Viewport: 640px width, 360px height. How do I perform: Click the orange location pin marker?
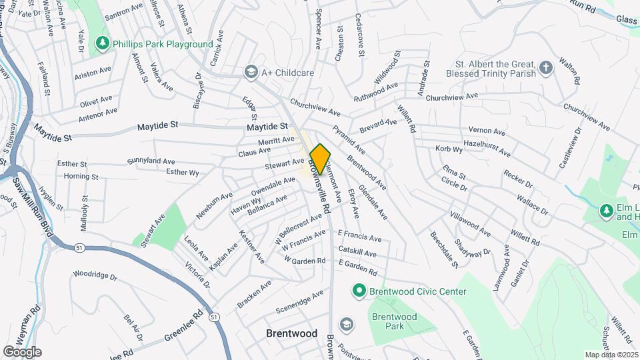pyautogui.click(x=320, y=159)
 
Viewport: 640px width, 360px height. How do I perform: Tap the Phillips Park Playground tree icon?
pyautogui.click(x=102, y=44)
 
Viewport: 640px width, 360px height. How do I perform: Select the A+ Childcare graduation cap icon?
pyautogui.click(x=251, y=71)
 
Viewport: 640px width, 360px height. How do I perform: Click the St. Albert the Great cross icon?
pyautogui.click(x=545, y=67)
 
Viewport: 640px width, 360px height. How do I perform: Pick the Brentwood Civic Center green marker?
pyautogui.click(x=359, y=291)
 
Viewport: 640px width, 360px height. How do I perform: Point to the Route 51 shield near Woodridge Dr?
pyautogui.click(x=79, y=247)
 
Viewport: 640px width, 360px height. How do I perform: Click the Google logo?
pyautogui.click(x=21, y=351)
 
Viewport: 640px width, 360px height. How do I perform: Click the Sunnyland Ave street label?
pyautogui.click(x=151, y=161)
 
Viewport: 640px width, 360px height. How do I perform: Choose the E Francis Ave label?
pyautogui.click(x=359, y=237)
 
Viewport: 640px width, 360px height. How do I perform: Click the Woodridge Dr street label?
pyautogui.click(x=95, y=275)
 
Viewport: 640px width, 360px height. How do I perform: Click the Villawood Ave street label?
pyautogui.click(x=470, y=224)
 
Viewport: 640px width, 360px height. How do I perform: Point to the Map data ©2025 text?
pyautogui.click(x=611, y=355)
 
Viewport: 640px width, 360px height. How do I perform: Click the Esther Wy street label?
pyautogui.click(x=182, y=173)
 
